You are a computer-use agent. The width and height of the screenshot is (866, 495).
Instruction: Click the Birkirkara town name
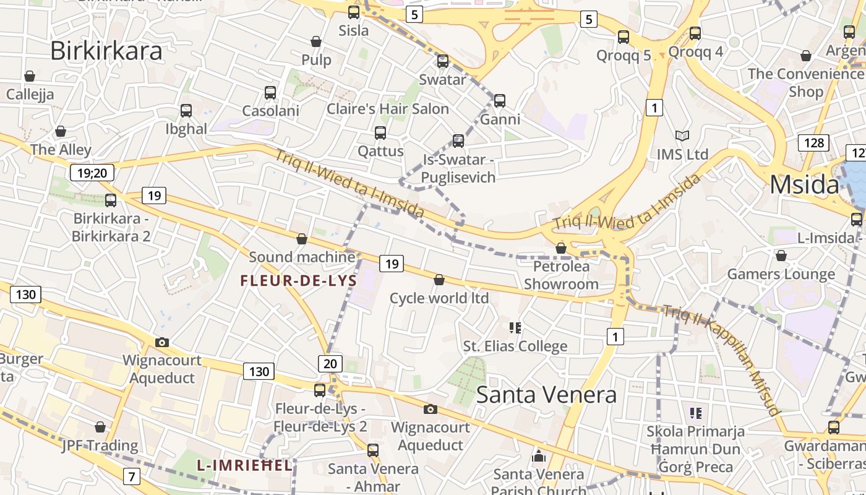(106, 51)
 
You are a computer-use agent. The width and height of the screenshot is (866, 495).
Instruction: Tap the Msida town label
(804, 184)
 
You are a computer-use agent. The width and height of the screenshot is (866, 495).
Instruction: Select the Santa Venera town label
(546, 394)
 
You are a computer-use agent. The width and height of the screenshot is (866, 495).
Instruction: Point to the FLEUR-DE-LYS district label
(299, 281)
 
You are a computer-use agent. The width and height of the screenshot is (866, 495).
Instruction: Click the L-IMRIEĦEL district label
(244, 465)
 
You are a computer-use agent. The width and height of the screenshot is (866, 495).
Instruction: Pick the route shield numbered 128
(813, 143)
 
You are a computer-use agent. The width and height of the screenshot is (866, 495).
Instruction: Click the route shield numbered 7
(131, 476)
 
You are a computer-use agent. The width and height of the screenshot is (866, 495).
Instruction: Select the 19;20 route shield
(92, 173)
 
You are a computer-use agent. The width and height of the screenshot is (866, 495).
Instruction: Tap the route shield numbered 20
(330, 363)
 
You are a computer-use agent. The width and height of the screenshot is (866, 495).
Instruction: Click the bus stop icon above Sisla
(354, 12)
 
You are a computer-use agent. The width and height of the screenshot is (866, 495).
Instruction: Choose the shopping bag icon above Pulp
(316, 41)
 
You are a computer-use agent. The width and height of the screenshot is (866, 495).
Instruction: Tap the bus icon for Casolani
(270, 93)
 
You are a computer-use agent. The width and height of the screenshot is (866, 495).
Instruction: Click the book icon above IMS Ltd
(682, 136)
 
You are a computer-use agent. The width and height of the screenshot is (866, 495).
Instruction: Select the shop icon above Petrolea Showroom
(561, 248)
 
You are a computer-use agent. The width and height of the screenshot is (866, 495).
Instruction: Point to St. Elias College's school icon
(515, 327)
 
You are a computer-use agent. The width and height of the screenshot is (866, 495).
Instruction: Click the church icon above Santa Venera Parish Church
(539, 456)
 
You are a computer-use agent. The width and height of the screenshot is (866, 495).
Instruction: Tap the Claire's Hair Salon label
(388, 109)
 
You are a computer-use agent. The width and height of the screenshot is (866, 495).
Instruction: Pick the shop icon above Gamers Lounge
(781, 255)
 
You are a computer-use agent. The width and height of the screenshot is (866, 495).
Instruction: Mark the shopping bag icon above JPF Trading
(100, 427)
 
